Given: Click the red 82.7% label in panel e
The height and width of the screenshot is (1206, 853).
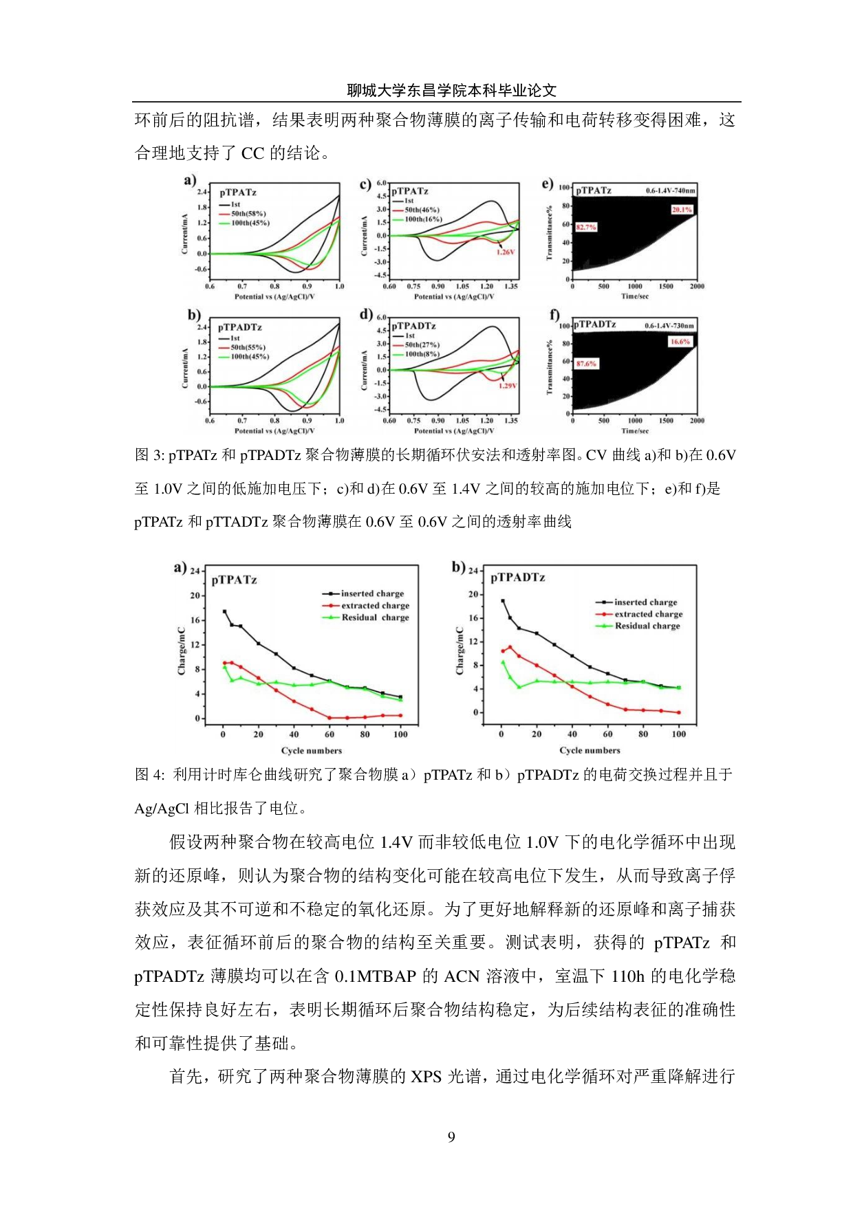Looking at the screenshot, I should [586, 227].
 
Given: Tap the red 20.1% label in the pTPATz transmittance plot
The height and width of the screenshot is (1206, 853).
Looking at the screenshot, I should [681, 210].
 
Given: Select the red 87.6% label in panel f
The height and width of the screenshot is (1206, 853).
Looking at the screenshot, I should [586, 364].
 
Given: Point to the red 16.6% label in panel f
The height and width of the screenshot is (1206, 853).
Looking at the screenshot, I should [680, 342].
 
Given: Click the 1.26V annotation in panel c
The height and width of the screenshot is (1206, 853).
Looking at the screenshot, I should [505, 252].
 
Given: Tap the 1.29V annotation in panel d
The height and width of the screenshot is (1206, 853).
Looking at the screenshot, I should [507, 386].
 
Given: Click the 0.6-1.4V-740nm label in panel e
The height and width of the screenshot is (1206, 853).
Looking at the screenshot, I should [670, 190].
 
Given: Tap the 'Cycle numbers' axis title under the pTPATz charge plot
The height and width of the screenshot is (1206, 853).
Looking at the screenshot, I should [311, 750].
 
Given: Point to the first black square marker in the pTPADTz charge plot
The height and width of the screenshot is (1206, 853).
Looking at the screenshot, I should [502, 601].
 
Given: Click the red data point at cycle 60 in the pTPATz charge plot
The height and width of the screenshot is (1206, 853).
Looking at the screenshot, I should [330, 718].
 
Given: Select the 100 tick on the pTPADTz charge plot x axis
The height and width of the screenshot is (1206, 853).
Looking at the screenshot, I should [678, 734].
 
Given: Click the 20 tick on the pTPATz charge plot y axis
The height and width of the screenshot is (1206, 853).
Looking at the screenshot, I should [195, 595].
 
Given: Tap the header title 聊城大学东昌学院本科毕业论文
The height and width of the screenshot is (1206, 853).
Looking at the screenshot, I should [451, 90].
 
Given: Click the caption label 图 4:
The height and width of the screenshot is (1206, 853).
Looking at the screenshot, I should [150, 775].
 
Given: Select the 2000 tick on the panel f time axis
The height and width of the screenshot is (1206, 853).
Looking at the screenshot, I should [697, 420].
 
